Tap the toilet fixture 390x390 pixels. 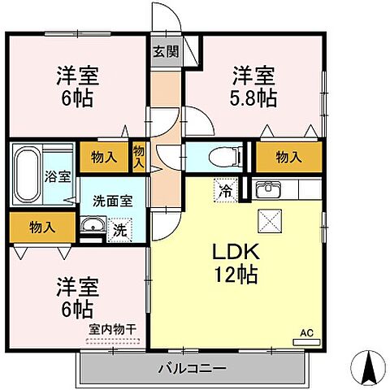click(220, 154)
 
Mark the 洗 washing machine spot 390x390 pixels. click(119, 230)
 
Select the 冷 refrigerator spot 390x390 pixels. click(223, 191)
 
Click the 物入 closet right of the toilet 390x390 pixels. click(288, 154)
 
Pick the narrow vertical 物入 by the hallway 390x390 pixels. click(139, 155)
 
